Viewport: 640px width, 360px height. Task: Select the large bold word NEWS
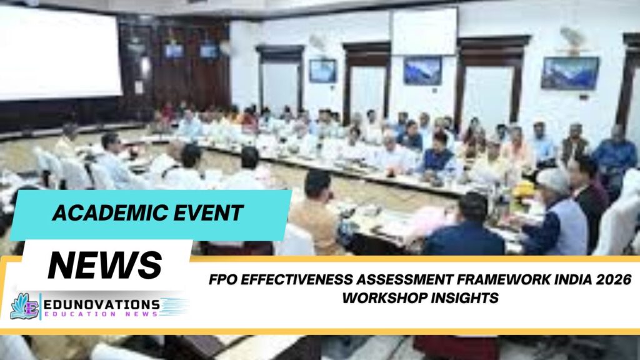point(105,265)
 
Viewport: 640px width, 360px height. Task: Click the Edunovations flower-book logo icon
point(24,306)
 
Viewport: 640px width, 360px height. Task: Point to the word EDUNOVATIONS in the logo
point(104,304)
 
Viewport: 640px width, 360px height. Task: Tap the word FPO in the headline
point(224,279)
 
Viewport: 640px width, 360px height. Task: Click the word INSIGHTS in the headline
point(466,297)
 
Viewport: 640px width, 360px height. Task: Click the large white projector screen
point(60,52)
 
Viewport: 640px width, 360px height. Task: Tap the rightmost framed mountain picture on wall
point(569,73)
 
